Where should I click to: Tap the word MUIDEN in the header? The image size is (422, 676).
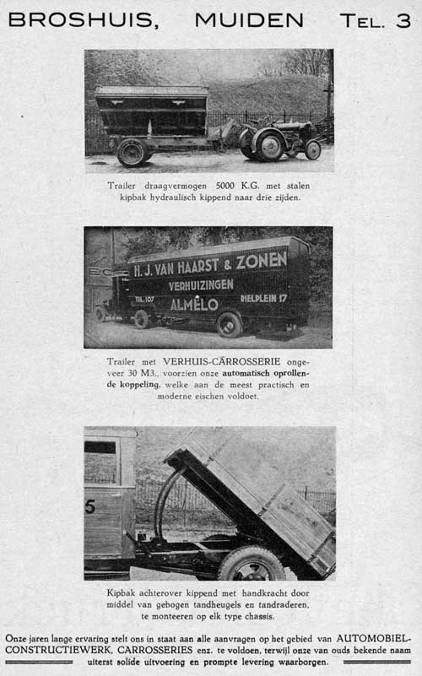click(248, 20)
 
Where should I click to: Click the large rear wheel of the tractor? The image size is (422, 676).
click(269, 145)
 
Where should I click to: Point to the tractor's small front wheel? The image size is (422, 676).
click(313, 149)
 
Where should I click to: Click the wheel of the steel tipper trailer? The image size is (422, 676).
click(133, 152)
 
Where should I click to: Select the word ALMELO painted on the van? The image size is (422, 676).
click(194, 304)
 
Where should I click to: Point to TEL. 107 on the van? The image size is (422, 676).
click(144, 299)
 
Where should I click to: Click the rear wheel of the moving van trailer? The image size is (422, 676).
click(228, 324)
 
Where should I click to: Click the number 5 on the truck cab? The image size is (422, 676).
click(89, 506)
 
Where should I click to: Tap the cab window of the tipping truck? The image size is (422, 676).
click(100, 460)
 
